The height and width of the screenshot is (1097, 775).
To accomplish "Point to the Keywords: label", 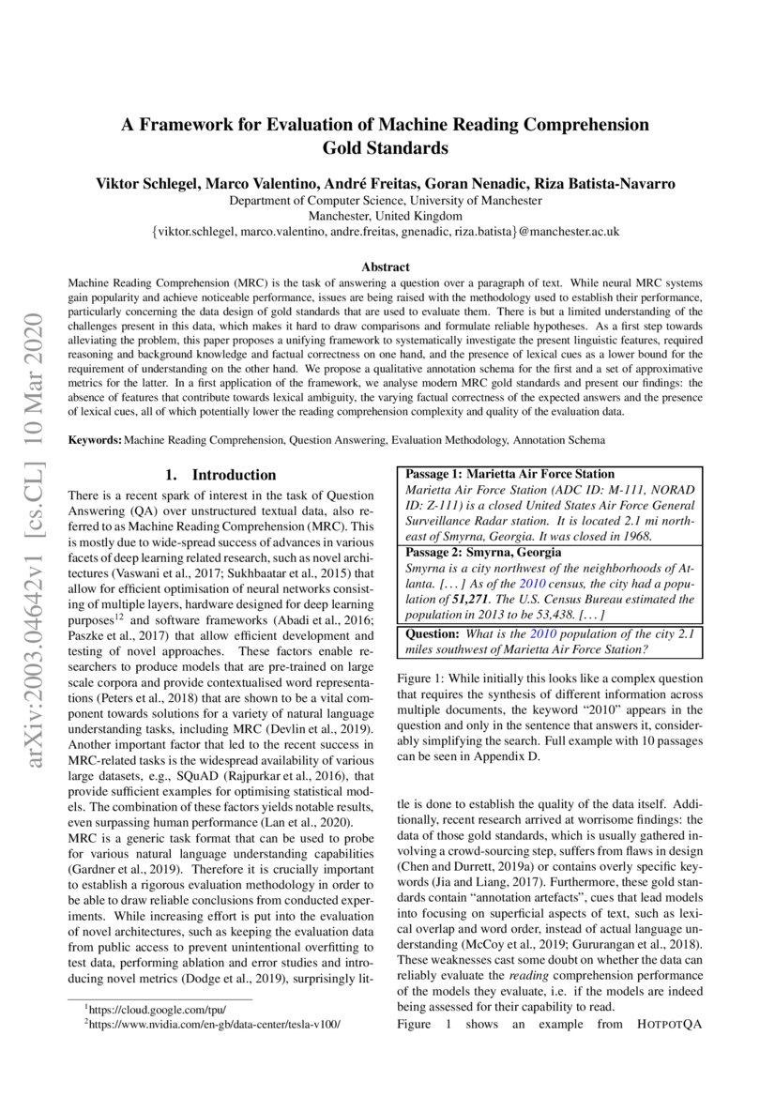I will coord(96,439).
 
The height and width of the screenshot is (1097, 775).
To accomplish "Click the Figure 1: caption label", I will coord(422,678).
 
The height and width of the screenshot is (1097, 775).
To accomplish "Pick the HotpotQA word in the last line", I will coord(667,1025).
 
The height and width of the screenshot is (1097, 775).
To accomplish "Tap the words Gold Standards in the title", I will coord(386,148).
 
